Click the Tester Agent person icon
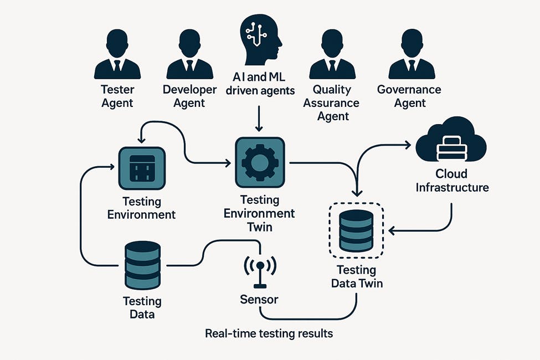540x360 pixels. click(x=117, y=55)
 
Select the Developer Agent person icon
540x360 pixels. click(x=189, y=55)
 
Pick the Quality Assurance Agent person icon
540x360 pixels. click(x=332, y=55)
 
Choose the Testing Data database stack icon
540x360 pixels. click(x=142, y=265)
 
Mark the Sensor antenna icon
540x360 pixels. click(x=259, y=270)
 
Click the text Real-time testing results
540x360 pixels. click(x=269, y=334)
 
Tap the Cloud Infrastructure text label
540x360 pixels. click(x=452, y=180)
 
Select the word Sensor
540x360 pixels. click(x=259, y=300)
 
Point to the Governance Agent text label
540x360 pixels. click(x=409, y=96)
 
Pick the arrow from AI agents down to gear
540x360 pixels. click(x=259, y=119)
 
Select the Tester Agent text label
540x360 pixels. click(x=117, y=96)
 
